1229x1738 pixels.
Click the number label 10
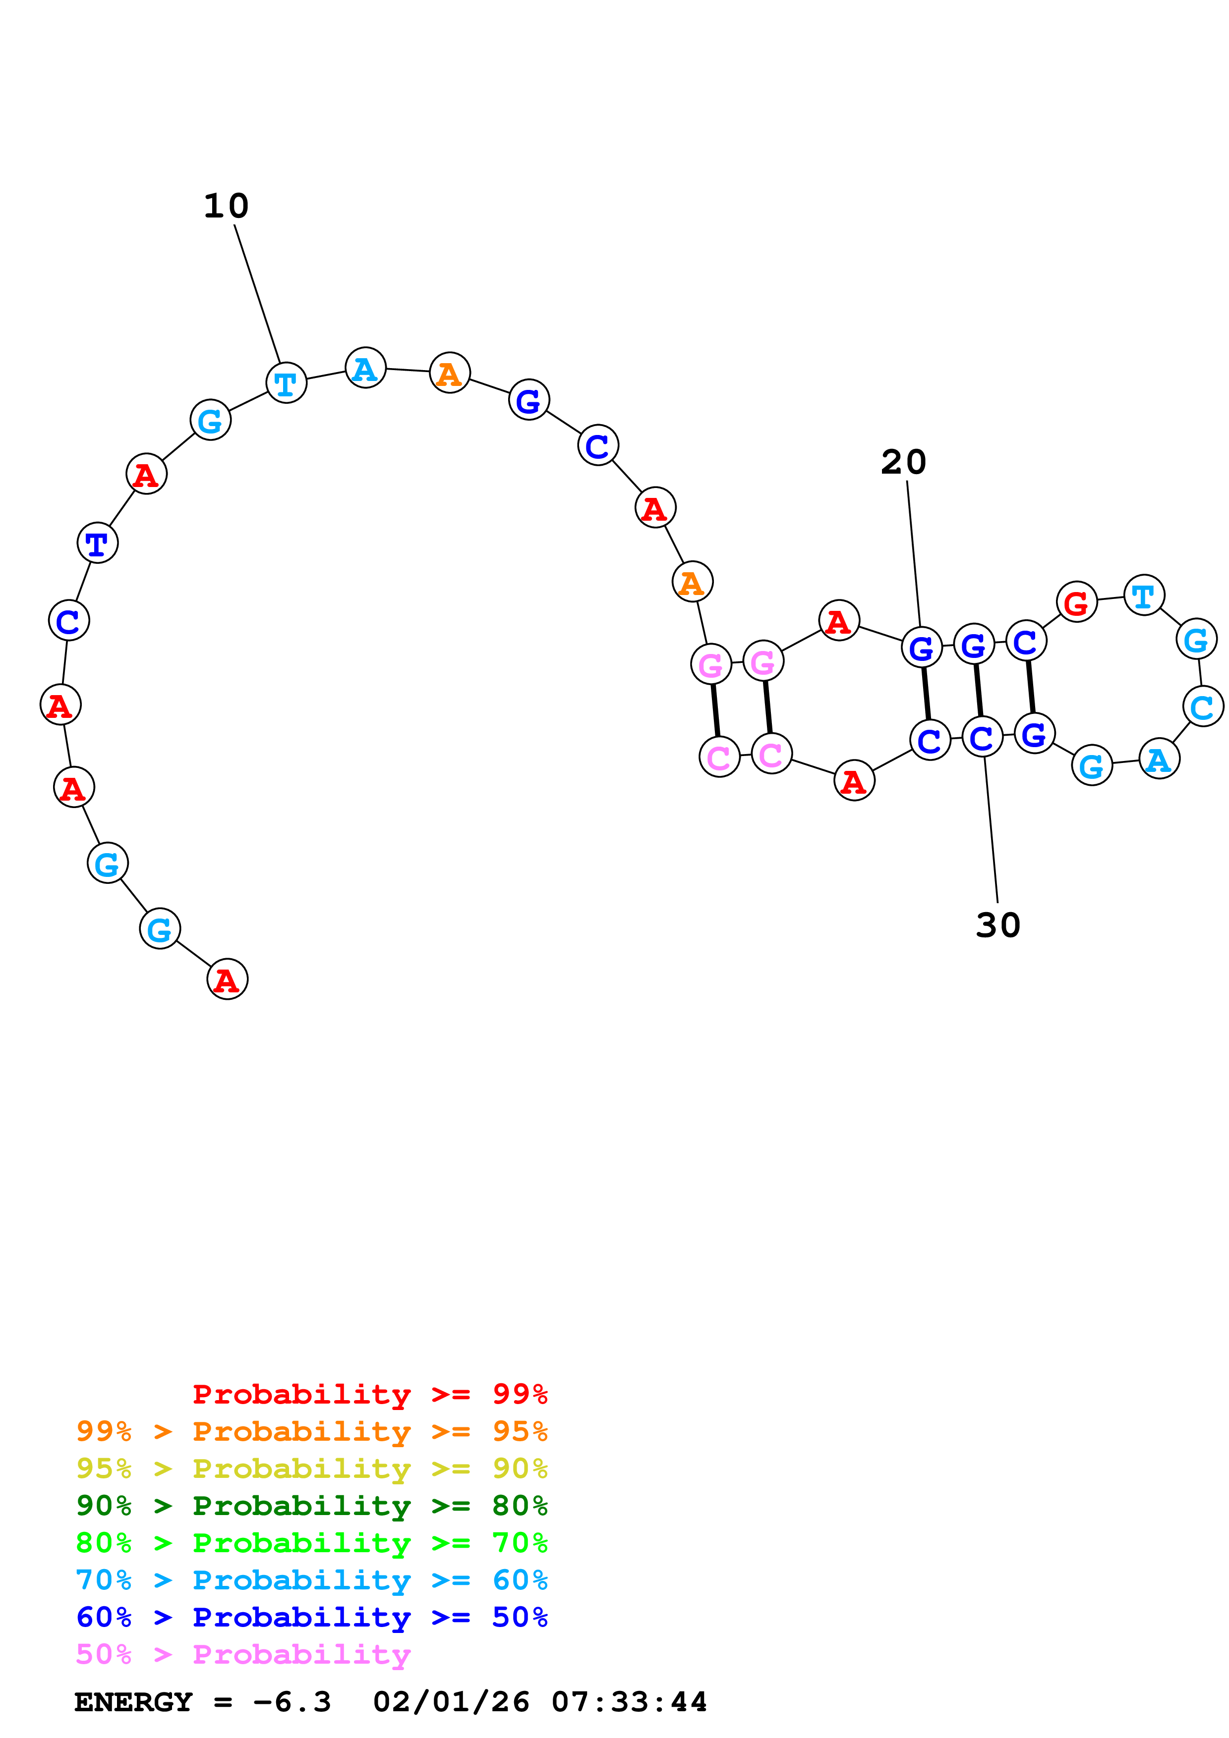point(226,206)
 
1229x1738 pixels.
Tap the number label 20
point(903,462)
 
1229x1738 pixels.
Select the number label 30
point(998,925)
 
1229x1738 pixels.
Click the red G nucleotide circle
point(1076,602)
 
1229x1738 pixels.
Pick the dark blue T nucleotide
point(98,543)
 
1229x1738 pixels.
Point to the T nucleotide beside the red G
point(1143,595)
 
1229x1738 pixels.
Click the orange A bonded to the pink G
point(692,582)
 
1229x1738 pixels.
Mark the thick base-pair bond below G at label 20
point(926,694)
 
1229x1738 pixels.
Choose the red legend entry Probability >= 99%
point(369,1394)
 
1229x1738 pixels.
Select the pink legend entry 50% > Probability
point(243,1655)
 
